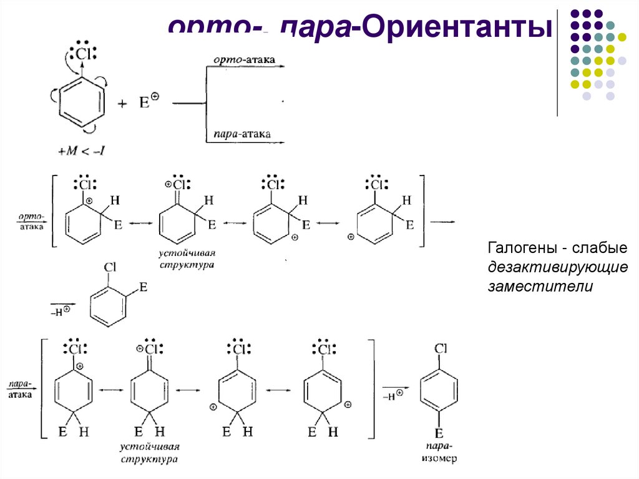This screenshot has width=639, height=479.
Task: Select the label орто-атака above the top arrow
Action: coord(244,60)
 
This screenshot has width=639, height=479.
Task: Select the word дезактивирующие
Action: coord(557,267)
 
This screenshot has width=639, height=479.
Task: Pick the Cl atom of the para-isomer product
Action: coord(440,350)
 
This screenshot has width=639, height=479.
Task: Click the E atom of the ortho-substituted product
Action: coord(143,287)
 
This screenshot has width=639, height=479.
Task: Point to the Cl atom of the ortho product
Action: coord(110,267)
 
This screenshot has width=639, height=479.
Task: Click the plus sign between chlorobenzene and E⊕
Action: coord(123,104)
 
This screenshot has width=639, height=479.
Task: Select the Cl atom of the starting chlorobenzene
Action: coord(83,53)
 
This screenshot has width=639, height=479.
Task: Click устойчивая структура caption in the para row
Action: coord(150,453)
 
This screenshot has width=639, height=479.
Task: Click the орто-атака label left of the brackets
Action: coord(31,222)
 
